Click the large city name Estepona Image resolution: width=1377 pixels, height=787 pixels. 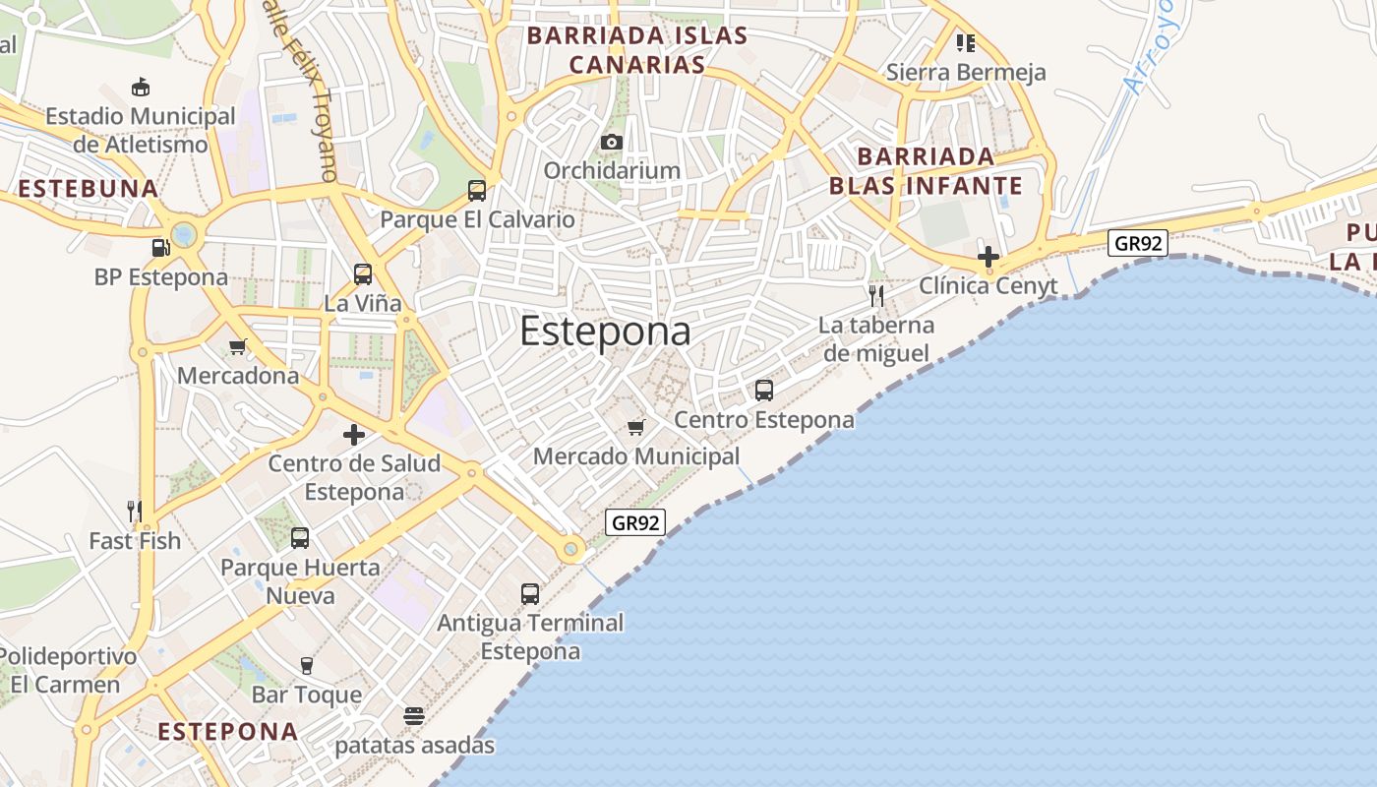(x=605, y=332)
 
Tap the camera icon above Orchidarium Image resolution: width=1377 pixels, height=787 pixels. (x=612, y=143)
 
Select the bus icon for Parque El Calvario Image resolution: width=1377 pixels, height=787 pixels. (x=477, y=191)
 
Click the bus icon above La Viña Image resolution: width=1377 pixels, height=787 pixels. (x=363, y=274)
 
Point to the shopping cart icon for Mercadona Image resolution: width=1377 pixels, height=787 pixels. (x=237, y=346)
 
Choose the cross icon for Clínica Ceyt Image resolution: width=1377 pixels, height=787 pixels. (x=988, y=257)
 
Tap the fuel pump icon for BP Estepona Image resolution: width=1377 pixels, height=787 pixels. (x=160, y=249)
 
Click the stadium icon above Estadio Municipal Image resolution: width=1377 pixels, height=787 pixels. (x=141, y=87)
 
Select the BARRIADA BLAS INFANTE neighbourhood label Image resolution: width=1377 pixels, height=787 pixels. (x=926, y=171)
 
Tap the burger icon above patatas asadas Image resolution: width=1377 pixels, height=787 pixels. (x=414, y=715)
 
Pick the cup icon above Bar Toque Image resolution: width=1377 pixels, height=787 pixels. (x=307, y=666)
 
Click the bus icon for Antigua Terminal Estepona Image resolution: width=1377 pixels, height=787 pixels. (x=530, y=594)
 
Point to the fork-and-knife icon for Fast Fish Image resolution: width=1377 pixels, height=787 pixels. (x=135, y=512)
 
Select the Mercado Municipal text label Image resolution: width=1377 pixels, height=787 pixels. (x=636, y=456)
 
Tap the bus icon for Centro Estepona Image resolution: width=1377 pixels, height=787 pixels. (x=764, y=391)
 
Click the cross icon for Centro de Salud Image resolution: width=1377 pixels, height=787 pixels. (x=354, y=434)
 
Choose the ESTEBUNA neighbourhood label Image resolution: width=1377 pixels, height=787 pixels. (x=88, y=188)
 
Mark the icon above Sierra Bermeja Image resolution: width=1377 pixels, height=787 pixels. (x=966, y=42)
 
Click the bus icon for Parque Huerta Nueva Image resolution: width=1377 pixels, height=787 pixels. (x=300, y=538)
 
